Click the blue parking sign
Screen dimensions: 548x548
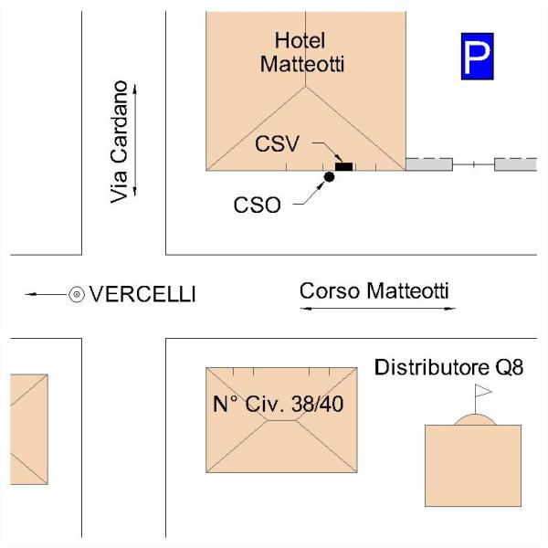pos(477,57)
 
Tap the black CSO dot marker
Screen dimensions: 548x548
pos(329,177)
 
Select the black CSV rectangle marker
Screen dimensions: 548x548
pos(344,167)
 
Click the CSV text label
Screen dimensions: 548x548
pos(277,143)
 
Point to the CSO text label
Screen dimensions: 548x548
pos(257,205)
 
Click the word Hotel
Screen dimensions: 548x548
pos(300,40)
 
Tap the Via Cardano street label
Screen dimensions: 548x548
pos(119,142)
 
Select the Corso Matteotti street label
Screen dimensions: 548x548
pos(374,290)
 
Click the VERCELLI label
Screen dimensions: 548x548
pos(142,294)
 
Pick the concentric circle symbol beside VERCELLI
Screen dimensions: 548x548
pos(77,295)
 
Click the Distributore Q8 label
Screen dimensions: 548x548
pos(448,367)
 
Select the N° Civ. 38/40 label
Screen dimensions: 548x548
pos(279,404)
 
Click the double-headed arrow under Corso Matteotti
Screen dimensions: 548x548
pos(378,309)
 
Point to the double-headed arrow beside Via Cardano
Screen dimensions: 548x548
pos(135,140)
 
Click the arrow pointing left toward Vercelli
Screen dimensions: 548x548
pos(46,295)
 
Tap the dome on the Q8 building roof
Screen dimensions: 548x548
pos(475,419)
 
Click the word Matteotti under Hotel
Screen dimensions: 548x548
pos(302,64)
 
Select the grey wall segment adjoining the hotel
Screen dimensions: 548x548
pos(429,164)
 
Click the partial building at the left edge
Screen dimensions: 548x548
pos(29,429)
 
